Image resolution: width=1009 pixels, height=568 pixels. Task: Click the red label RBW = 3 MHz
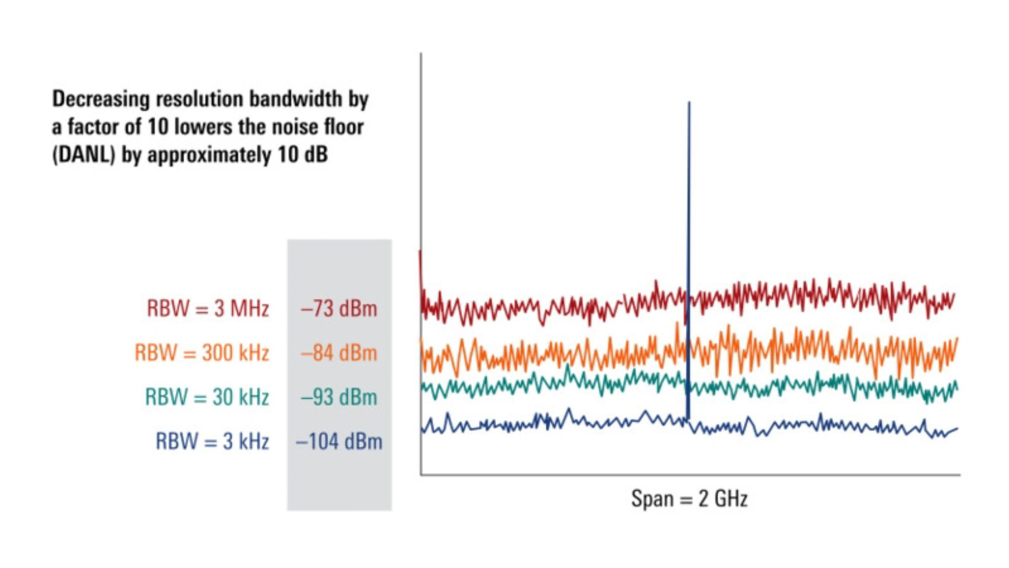click(208, 309)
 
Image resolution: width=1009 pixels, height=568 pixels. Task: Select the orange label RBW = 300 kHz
click(202, 353)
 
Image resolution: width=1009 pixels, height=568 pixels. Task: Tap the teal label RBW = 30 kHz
click(207, 397)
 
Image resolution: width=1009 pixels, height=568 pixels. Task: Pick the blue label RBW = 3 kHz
click(212, 441)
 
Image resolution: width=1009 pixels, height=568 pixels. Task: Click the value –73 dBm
click(339, 309)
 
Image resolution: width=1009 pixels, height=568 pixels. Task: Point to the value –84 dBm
click(339, 353)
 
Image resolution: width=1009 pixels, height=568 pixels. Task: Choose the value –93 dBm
click(339, 397)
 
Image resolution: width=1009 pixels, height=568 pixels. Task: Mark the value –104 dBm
click(339, 441)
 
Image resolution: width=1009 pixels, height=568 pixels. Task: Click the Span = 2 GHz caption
click(689, 498)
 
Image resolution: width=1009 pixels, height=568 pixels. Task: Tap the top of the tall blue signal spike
click(689, 104)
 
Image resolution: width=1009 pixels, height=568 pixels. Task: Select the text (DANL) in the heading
click(83, 155)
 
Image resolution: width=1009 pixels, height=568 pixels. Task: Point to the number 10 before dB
click(288, 155)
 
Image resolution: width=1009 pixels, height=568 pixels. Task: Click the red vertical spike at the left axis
click(420, 268)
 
